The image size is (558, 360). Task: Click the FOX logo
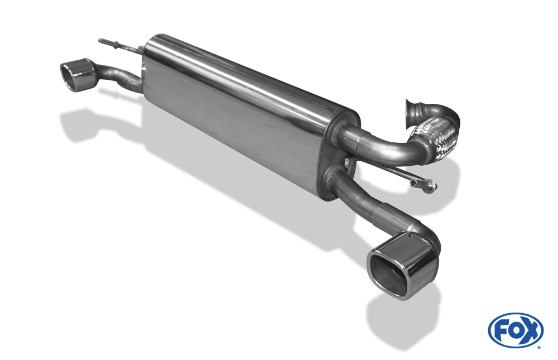[516, 330]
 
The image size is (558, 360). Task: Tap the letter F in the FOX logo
[501, 332]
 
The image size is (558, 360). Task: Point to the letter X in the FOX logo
[530, 331]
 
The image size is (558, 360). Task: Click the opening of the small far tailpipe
[70, 76]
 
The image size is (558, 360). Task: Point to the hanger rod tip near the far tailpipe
[100, 41]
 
